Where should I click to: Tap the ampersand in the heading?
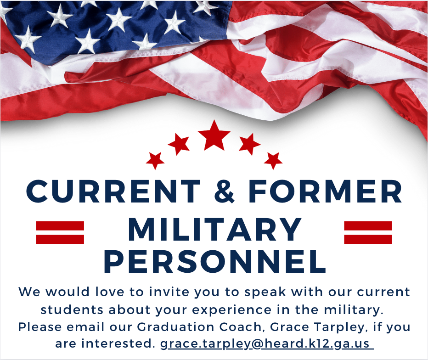click(224, 191)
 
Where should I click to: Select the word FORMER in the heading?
click(325, 191)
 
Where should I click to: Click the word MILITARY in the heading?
click(214, 229)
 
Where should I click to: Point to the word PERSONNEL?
click(215, 261)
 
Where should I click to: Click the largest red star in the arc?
click(214, 135)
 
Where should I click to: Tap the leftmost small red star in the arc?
click(155, 161)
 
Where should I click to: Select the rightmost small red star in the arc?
click(273, 161)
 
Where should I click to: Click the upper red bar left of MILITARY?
click(60, 226)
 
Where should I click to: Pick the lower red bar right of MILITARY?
click(368, 239)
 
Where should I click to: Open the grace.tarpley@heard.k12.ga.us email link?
click(267, 343)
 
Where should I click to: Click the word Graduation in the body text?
click(175, 326)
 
